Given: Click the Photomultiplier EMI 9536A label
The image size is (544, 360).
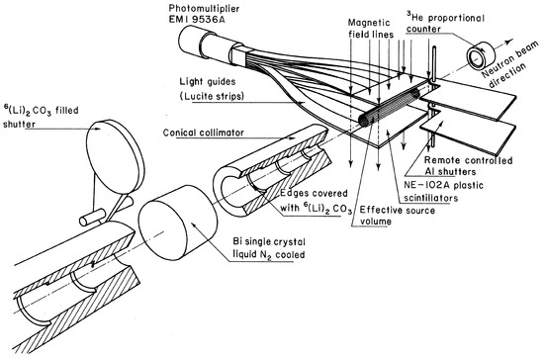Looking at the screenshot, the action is click(x=204, y=13).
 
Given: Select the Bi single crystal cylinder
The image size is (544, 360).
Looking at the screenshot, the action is click(x=178, y=223).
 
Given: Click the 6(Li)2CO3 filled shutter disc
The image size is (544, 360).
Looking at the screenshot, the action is click(x=115, y=156).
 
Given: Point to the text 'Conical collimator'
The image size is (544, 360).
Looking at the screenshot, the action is click(x=204, y=133).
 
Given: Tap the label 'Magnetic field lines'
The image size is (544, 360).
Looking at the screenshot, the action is click(x=371, y=29).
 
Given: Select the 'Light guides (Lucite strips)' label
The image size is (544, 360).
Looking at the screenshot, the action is click(x=212, y=89).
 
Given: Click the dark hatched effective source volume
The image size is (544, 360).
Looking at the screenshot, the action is click(x=388, y=107).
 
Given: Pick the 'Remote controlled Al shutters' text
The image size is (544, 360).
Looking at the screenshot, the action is click(x=469, y=166).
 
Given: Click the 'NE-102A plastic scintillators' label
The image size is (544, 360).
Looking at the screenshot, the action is click(x=443, y=192).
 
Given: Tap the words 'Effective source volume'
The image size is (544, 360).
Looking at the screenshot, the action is click(x=398, y=216).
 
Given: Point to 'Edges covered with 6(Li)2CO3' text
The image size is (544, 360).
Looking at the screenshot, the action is click(x=316, y=201).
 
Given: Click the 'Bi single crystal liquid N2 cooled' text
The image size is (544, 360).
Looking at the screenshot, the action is click(x=269, y=248).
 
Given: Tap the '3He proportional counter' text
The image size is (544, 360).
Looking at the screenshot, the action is click(x=445, y=23).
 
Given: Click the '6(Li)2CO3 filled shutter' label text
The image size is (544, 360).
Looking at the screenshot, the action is click(x=41, y=117).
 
